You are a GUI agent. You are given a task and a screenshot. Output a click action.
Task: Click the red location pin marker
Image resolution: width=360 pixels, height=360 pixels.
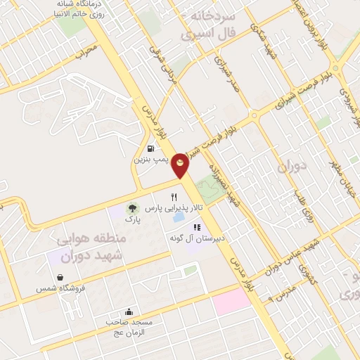(x=181, y=163)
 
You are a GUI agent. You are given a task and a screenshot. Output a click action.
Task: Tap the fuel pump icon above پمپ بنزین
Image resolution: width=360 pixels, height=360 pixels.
(x=151, y=148)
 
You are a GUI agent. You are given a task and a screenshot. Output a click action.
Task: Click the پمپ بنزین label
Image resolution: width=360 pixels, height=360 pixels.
(x=150, y=160)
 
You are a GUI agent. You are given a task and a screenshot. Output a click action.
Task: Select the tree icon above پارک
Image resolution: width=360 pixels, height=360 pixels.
(x=131, y=208)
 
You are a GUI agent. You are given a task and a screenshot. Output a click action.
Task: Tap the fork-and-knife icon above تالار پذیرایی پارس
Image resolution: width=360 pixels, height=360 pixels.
(x=174, y=198)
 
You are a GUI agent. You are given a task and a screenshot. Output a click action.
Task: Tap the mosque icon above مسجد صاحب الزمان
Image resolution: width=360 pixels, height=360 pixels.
(x=129, y=311)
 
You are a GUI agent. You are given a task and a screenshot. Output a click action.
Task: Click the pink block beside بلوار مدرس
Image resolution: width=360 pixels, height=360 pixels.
(x=231, y=301)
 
